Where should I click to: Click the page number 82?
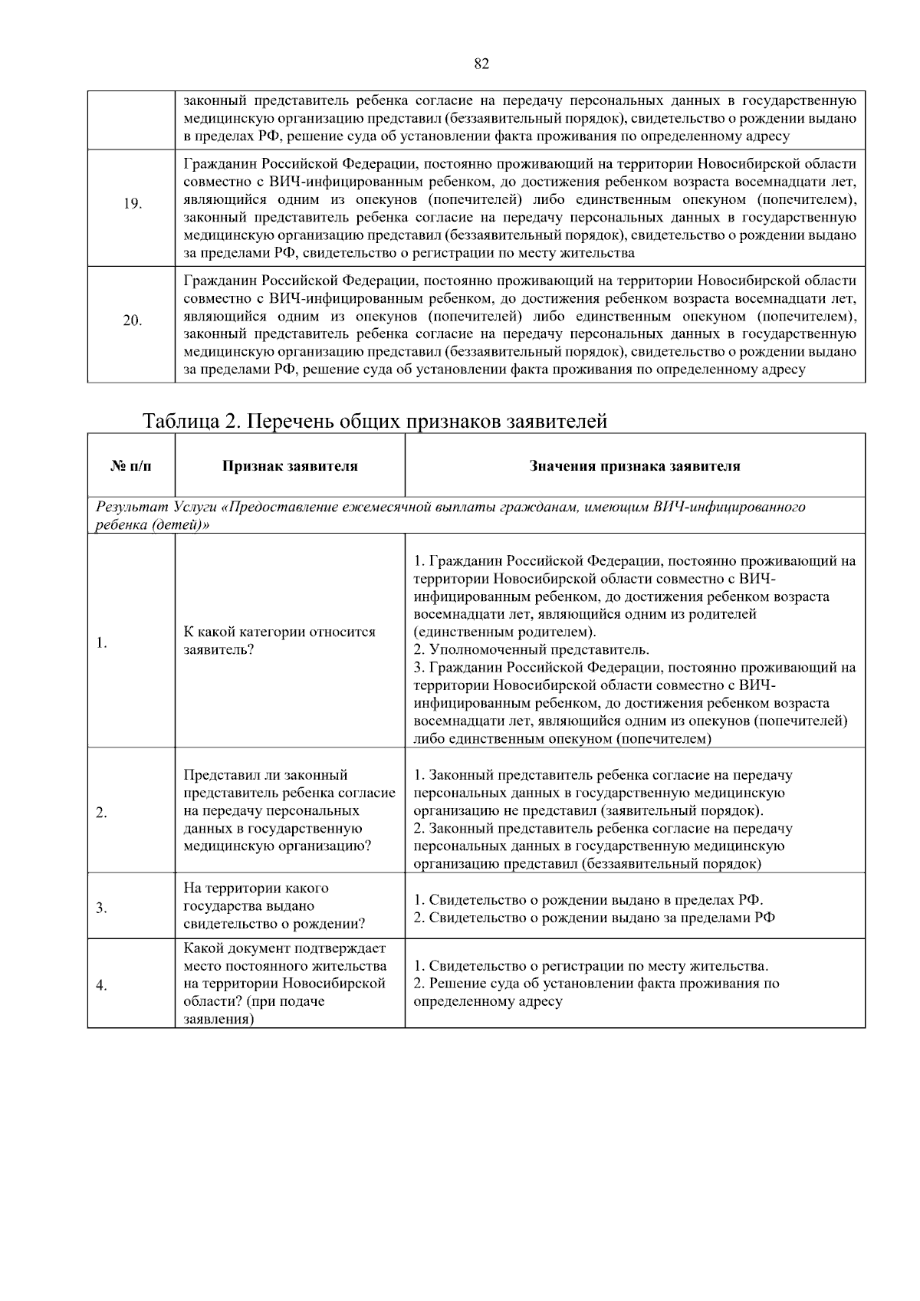pos(481,64)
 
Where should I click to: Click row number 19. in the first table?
pos(132,204)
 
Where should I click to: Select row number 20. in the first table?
pos(132,320)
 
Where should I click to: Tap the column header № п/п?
pos(131,466)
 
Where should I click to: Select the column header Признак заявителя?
pos(290,466)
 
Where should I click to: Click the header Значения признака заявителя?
pos(635,466)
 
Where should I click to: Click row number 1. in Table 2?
pos(101,643)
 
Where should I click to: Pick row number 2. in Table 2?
pos(101,813)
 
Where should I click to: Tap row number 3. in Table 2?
pos(101,908)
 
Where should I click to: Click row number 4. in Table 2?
pos(101,986)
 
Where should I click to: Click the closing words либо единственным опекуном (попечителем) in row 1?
pos(562,739)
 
